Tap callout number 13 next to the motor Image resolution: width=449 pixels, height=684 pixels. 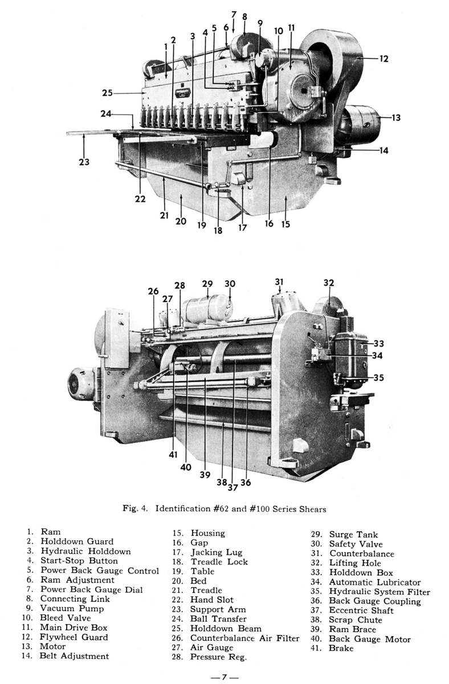pyautogui.click(x=396, y=118)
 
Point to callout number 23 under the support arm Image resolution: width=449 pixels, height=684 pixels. pyautogui.click(x=84, y=162)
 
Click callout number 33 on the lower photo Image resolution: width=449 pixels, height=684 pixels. pyautogui.click(x=379, y=343)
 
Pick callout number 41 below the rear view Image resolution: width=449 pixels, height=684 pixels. pyautogui.click(x=173, y=455)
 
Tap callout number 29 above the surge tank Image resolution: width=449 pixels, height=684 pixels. pyautogui.click(x=207, y=284)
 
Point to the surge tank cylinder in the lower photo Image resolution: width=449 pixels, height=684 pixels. pyautogui.click(x=205, y=308)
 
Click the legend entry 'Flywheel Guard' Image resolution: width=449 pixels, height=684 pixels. pyautogui.click(x=74, y=637)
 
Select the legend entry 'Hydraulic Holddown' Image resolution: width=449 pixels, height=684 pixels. pyautogui.click(x=85, y=551)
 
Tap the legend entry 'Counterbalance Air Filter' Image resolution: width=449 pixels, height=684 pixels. pyautogui.click(x=244, y=638)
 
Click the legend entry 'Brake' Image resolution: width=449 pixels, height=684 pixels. pyautogui.click(x=341, y=648)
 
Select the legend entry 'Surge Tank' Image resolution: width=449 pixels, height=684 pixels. pyautogui.click(x=353, y=535)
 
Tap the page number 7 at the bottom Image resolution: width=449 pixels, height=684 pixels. pyautogui.click(x=224, y=677)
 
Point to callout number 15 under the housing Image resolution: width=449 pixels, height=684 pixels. pyautogui.click(x=285, y=224)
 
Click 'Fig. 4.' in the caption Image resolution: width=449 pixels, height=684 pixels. pyautogui.click(x=134, y=508)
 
